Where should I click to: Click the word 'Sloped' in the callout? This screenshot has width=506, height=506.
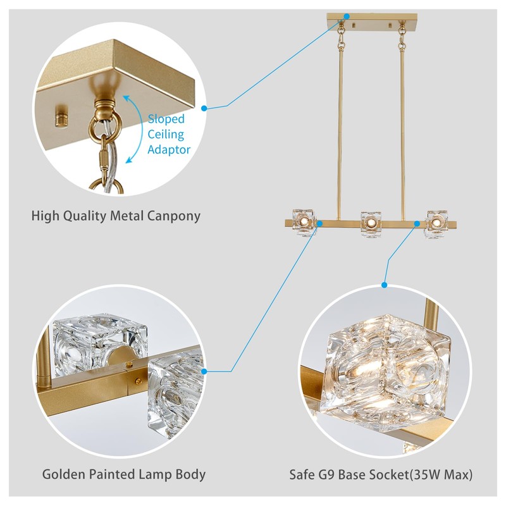tap(166, 119)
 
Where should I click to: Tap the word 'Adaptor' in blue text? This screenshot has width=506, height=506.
tap(169, 149)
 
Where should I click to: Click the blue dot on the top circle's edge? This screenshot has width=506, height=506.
tap(204, 108)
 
